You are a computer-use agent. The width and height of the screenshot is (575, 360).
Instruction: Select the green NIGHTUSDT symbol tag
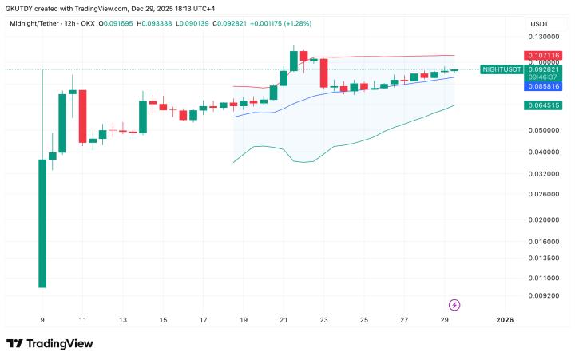[x=502, y=69]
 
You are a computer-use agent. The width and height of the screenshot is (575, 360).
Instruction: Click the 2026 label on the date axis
[x=504, y=320]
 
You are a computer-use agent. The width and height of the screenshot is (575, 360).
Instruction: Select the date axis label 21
[x=284, y=320]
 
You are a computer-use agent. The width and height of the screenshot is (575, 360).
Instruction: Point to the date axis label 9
[x=42, y=320]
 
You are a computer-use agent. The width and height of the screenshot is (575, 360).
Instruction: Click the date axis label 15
[x=163, y=320]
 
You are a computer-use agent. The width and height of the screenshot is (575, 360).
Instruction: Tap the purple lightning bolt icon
[x=454, y=304]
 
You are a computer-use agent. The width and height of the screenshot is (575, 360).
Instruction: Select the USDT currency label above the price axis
[x=540, y=24]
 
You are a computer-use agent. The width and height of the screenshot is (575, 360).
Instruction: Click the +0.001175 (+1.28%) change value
[x=284, y=24]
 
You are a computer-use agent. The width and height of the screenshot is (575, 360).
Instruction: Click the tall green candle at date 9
[x=42, y=224]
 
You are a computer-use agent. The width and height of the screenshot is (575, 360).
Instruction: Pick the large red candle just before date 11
[x=82, y=116]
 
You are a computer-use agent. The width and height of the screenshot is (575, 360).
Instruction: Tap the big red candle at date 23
[x=323, y=73]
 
